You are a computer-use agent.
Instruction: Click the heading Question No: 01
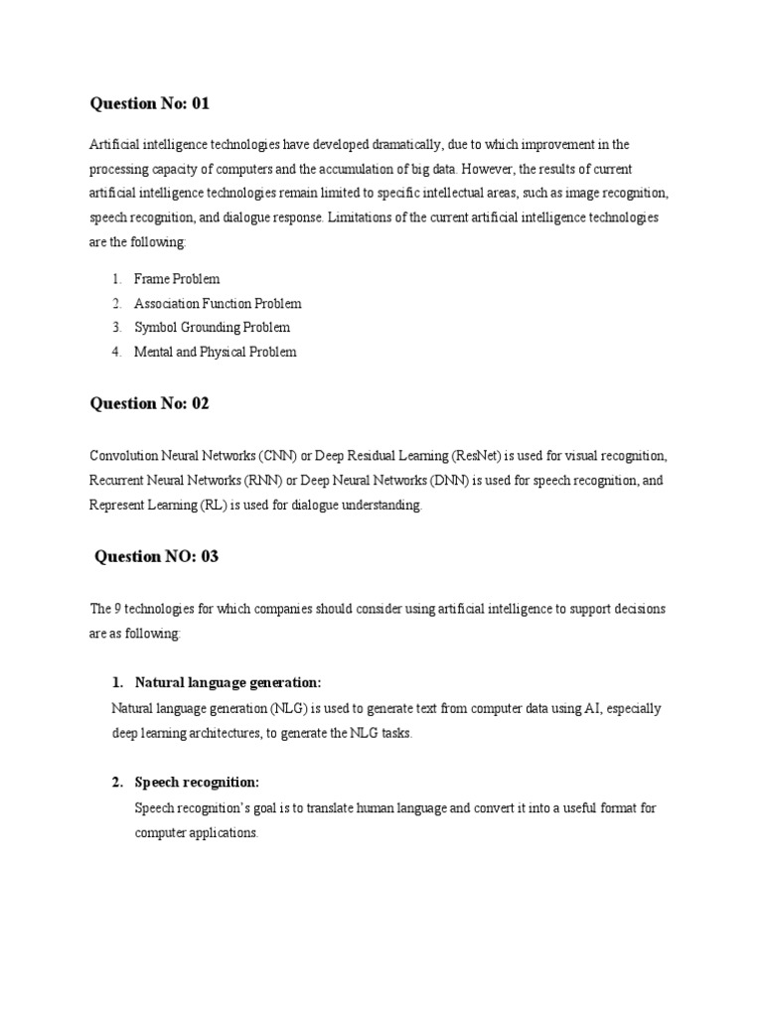(150, 103)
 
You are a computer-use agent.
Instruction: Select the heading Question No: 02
(150, 403)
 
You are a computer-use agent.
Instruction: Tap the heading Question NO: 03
(156, 556)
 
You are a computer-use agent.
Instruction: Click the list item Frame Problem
(177, 279)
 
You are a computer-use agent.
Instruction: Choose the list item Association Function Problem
(218, 303)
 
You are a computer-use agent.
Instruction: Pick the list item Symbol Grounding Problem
(212, 327)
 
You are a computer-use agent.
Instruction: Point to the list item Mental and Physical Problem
(215, 352)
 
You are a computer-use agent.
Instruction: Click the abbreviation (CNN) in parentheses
(278, 456)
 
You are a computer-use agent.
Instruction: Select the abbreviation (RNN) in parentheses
(264, 481)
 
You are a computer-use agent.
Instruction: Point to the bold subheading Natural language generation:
(229, 682)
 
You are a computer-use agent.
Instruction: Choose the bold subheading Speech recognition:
(197, 782)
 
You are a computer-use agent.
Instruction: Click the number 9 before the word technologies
(118, 608)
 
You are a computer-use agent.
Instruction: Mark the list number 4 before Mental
(116, 352)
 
